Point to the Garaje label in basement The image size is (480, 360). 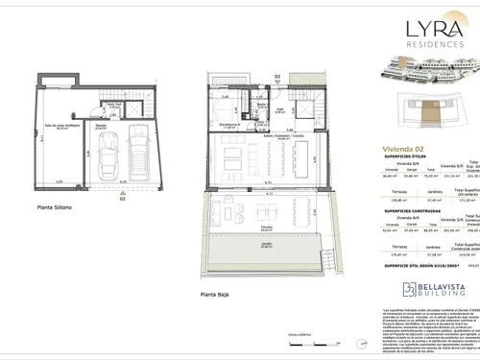tap(100, 125)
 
